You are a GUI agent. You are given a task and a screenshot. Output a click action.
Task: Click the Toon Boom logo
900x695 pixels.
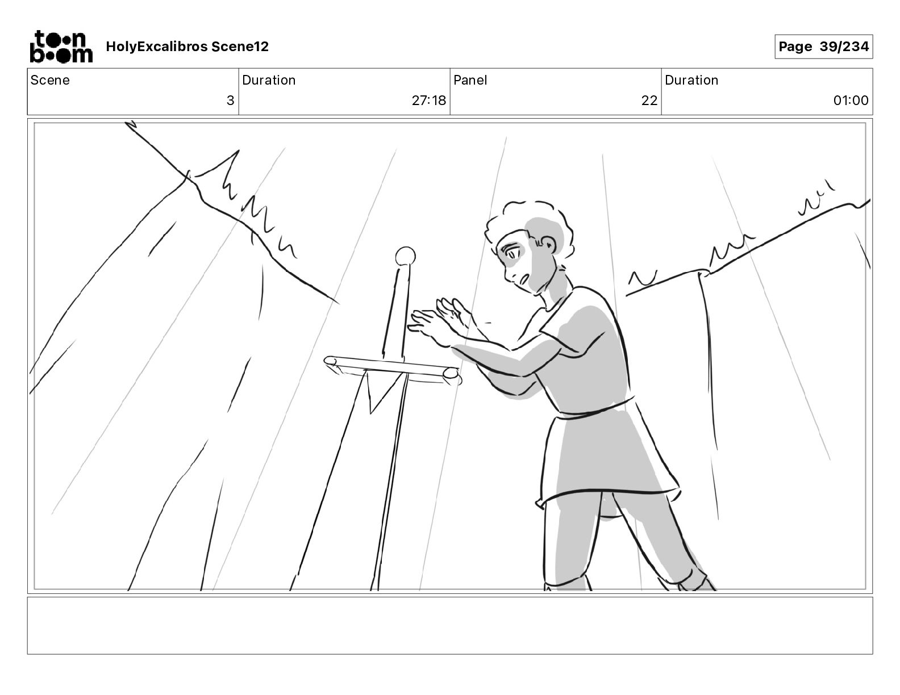pos(61,47)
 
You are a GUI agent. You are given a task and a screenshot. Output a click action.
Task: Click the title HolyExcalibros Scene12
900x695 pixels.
pos(187,47)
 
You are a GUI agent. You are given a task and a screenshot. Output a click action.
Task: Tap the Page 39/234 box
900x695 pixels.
pos(823,47)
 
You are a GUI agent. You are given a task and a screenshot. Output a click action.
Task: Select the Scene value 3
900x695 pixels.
pos(230,101)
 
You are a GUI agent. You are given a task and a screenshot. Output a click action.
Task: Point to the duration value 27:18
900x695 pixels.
pos(428,101)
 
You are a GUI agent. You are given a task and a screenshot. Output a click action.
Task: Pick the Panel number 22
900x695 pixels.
pos(649,101)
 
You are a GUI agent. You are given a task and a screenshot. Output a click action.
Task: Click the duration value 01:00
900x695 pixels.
pos(851,101)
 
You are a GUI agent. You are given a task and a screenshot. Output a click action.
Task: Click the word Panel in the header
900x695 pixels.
pos(470,80)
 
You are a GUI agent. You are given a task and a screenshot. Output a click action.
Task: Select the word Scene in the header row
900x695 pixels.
pos(50,80)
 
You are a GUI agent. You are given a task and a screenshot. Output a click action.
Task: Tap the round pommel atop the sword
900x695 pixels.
pos(405,257)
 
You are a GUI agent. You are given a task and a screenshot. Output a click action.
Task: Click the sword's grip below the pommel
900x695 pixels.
pos(395,315)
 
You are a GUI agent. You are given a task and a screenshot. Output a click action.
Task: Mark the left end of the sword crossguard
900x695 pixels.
pos(330,361)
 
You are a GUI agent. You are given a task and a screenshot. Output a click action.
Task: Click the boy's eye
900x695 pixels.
pos(510,252)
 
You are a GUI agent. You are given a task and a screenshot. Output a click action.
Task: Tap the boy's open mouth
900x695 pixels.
pos(523,280)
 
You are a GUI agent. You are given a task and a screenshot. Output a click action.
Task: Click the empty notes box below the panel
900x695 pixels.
pos(450,626)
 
